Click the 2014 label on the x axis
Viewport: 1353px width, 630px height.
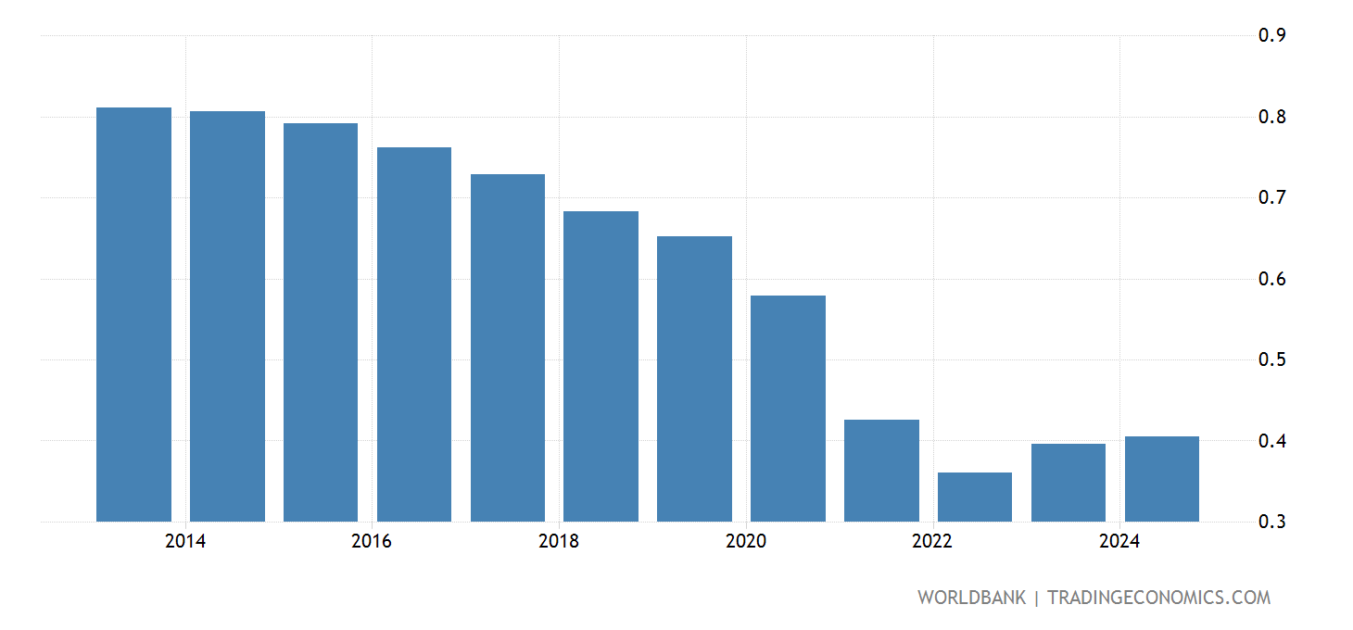(185, 542)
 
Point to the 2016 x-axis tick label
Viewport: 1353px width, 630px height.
(372, 542)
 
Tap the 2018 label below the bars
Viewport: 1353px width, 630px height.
(559, 542)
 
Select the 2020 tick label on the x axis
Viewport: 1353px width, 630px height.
(746, 542)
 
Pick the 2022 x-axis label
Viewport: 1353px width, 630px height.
(932, 542)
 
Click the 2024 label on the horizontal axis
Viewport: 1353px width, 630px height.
(1119, 542)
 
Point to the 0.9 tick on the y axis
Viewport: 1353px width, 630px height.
(1271, 36)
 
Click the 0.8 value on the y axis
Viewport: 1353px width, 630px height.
(1271, 117)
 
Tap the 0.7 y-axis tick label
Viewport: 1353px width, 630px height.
(1271, 197)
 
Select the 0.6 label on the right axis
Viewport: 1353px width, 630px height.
(1271, 279)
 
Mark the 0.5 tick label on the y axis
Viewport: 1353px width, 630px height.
(1271, 359)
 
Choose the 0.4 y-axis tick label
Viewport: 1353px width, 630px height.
(1271, 441)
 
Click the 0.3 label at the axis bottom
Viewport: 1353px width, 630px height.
(1271, 522)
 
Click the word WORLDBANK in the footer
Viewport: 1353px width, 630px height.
(971, 598)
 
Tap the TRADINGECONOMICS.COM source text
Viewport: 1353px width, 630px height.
(1158, 598)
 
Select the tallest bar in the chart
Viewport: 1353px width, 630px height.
(133, 315)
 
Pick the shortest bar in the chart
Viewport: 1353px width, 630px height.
(975, 498)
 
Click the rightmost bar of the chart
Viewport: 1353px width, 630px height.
(1161, 479)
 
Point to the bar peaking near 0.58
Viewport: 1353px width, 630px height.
(788, 409)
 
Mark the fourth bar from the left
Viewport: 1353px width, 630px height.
(414, 334)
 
